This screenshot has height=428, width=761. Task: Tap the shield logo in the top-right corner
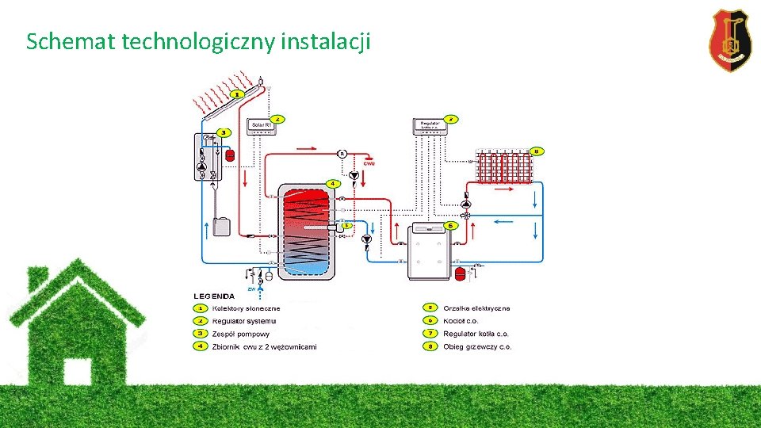pos(729,40)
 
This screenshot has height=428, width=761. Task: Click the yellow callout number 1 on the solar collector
pos(237,94)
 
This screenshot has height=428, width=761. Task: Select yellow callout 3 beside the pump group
pos(224,132)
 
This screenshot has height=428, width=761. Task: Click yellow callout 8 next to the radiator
pos(537,151)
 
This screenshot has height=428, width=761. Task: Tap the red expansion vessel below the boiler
pos(459,273)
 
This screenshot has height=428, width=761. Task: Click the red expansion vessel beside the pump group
pos(230,155)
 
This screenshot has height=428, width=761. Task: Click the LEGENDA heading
pos(212,296)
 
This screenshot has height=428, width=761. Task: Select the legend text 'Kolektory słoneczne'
pos(246,308)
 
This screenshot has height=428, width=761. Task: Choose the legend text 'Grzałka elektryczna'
pos(476,308)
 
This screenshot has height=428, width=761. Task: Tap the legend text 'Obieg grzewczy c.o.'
pos(477,346)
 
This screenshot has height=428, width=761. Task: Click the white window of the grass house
pos(78,372)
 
